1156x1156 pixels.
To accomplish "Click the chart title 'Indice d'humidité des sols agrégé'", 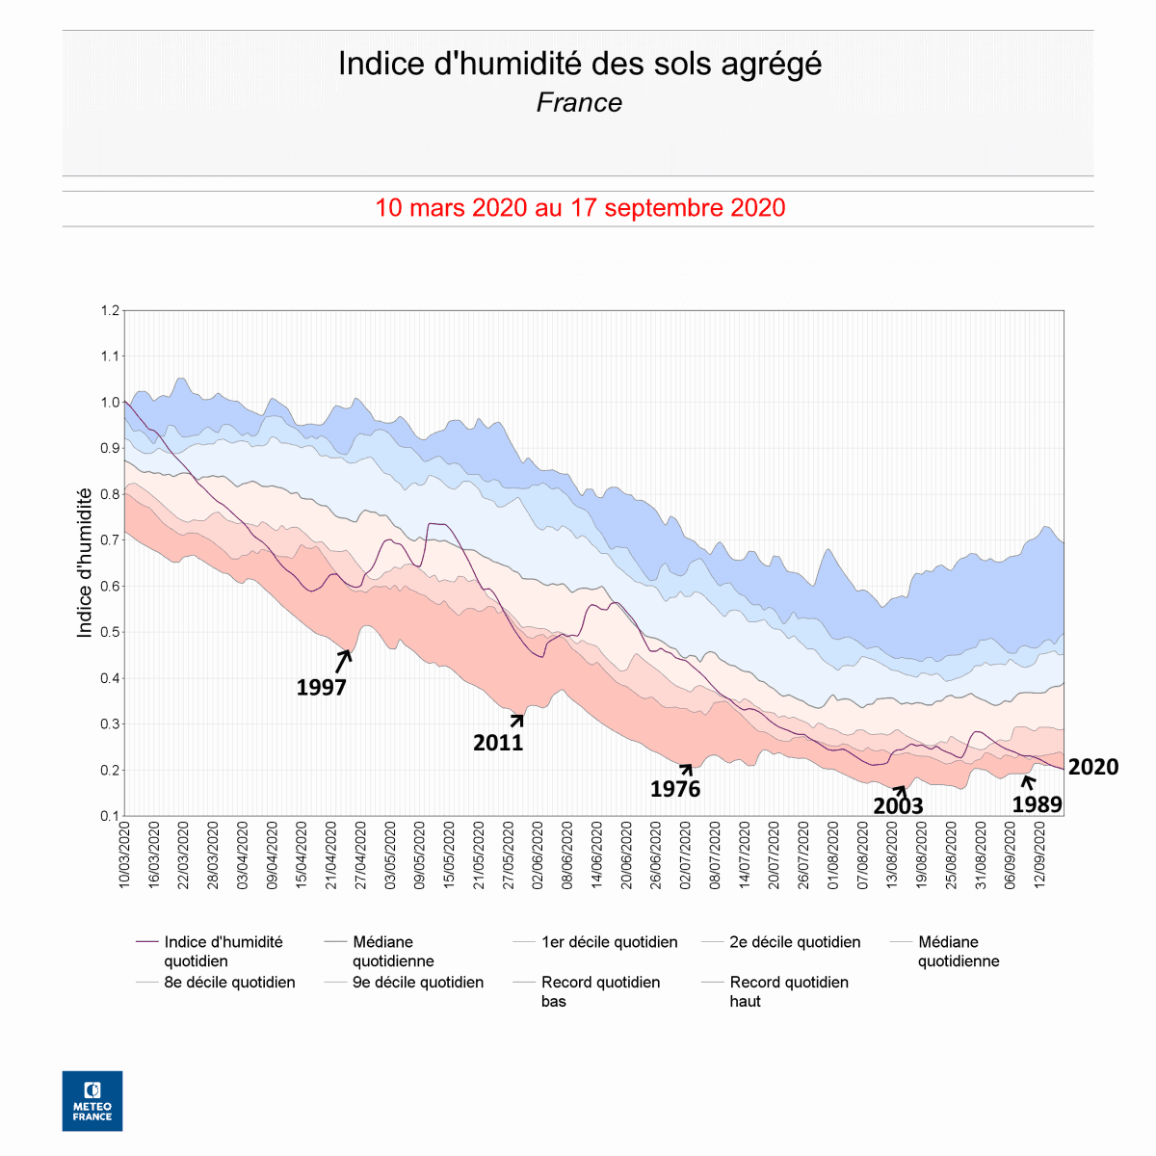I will (579, 64).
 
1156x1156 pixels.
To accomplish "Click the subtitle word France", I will (579, 102).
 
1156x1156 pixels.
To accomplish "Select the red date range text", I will (579, 208).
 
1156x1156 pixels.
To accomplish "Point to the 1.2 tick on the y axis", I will (109, 311).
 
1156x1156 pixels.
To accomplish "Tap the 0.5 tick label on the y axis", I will (109, 633).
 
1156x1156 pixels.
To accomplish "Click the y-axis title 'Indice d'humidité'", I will (85, 563).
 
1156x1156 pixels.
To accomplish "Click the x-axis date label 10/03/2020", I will (124, 854).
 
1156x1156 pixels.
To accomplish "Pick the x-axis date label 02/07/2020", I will (686, 854).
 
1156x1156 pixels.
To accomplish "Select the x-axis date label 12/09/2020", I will (1040, 854).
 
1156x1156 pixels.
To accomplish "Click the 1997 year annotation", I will (321, 687).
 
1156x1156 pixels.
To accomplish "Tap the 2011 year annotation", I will (498, 743).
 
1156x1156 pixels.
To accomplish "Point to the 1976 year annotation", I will (675, 790).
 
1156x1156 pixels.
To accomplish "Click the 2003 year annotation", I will (898, 806).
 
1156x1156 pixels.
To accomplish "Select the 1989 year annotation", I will (1037, 805).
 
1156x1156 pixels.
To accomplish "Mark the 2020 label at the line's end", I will (1093, 768).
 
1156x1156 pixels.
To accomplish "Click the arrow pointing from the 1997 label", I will (343, 660).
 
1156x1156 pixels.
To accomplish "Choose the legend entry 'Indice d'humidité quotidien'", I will (223, 952).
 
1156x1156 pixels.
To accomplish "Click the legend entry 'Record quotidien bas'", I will (600, 991).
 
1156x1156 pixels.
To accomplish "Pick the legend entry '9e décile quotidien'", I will (418, 983).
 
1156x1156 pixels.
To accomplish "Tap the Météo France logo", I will (92, 1101).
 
